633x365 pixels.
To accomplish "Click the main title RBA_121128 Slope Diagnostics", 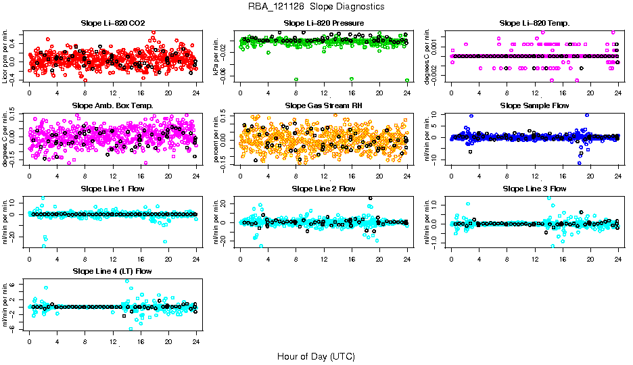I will click(x=316, y=6).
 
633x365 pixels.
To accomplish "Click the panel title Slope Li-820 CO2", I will click(x=112, y=23).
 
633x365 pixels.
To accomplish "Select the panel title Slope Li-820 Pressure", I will click(x=324, y=23).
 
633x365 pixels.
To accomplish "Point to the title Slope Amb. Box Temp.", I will click(x=112, y=105).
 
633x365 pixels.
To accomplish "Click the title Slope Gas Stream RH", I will click(x=324, y=105).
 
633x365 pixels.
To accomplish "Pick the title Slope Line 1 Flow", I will click(x=112, y=188).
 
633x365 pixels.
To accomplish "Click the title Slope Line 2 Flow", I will click(x=324, y=188).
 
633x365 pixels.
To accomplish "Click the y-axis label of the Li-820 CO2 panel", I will click(x=6, y=56).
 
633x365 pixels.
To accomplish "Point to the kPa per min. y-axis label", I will click(x=217, y=56).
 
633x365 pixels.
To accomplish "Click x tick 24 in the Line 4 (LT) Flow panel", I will click(x=196, y=341).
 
